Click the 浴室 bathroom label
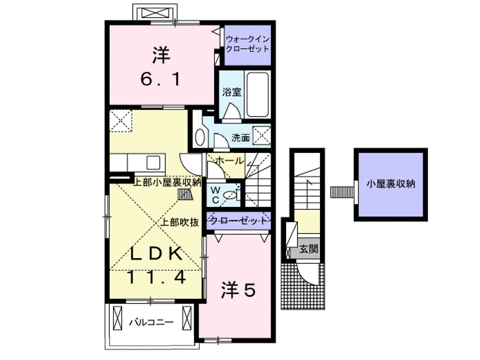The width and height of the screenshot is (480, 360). pos(231,92)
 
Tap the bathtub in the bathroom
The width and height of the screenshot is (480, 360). pos(257,94)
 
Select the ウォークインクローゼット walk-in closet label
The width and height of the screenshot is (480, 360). pos(247,44)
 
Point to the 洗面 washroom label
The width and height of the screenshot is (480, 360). pos(240,138)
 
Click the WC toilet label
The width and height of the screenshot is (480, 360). pos(215,195)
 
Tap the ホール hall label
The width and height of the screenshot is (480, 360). pos(229,160)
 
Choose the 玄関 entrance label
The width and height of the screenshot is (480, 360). pos(308,248)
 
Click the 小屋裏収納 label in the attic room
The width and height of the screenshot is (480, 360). pos(390,183)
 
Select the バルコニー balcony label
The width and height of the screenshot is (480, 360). pos(151,322)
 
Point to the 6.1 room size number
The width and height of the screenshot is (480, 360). pos(160,79)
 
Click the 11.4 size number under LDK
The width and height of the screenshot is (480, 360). pos(156,277)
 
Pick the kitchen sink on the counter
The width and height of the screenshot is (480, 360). pos(153,162)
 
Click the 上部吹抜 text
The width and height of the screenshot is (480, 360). pos(180,222)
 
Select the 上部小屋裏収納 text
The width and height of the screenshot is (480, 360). pos(167,182)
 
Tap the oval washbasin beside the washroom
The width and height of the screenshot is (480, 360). pos(200,137)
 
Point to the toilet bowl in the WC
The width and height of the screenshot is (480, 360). pos(229,194)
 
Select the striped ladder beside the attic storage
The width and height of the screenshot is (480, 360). pos(342,192)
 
